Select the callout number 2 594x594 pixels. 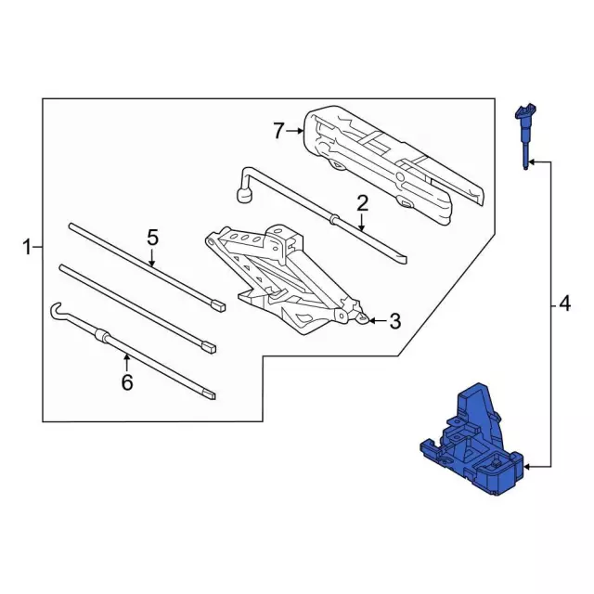(362, 202)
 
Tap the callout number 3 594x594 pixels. (394, 322)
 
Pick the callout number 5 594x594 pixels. (153, 239)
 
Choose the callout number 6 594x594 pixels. (127, 381)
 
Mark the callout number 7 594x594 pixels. (278, 131)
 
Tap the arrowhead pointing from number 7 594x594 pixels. (301, 131)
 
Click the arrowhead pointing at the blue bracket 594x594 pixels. (527, 463)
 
